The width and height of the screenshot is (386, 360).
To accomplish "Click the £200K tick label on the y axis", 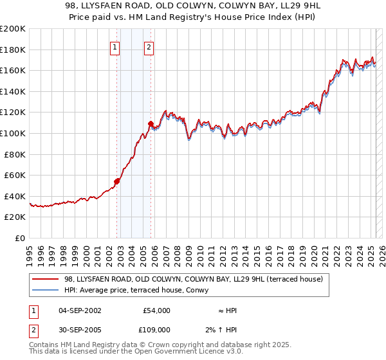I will pos(13,29).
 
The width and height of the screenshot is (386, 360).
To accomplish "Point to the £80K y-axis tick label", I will pos(15,154).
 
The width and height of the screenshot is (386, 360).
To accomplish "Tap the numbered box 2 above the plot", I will pos(149,46).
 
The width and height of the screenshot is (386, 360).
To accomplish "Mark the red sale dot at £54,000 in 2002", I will pos(117,181).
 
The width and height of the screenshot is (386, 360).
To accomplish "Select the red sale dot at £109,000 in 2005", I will pos(151,123).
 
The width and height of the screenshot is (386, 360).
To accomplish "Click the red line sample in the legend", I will pos(45,278).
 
